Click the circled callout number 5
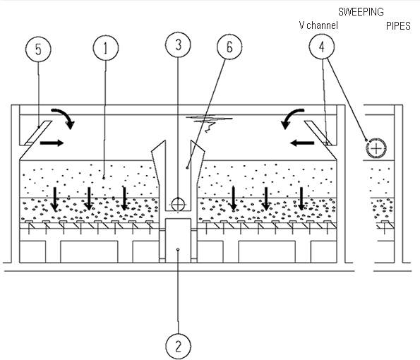(38, 49)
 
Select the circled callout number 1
(106, 48)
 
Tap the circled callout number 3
(178, 44)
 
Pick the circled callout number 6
(229, 47)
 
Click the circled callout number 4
(321, 47)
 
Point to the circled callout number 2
(179, 346)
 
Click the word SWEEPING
(361, 12)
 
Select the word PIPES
(398, 26)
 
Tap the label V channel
(318, 25)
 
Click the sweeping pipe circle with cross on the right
(376, 148)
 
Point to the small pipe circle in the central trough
(178, 205)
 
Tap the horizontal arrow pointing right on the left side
(52, 143)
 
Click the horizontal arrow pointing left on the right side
(302, 143)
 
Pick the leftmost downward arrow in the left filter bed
(55, 199)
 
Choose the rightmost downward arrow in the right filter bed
(301, 199)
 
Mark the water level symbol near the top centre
(209, 123)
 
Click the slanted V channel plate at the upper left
(37, 133)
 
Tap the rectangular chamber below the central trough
(178, 241)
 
